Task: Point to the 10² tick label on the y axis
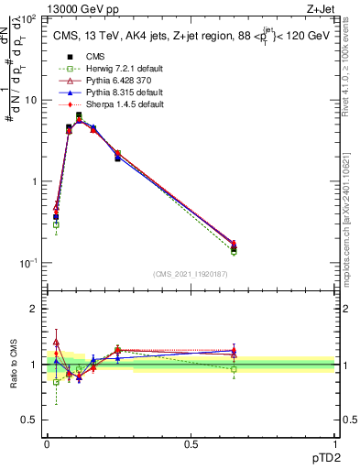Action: (30, 18)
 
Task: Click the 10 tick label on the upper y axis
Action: (33, 100)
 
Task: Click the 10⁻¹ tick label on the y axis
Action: (30, 263)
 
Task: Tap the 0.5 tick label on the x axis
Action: (191, 442)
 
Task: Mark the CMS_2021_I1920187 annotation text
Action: (191, 274)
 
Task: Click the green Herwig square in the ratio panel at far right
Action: (234, 369)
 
